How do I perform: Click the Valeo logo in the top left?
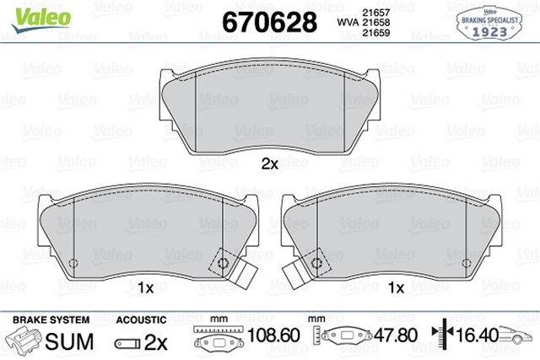41,19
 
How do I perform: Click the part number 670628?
269,22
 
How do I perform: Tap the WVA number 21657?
376,13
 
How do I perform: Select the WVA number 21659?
376,33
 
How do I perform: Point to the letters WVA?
348,23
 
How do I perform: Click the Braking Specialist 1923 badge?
489,24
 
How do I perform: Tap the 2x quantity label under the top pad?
270,164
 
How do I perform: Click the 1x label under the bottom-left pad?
146,287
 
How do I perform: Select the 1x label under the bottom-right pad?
396,287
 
